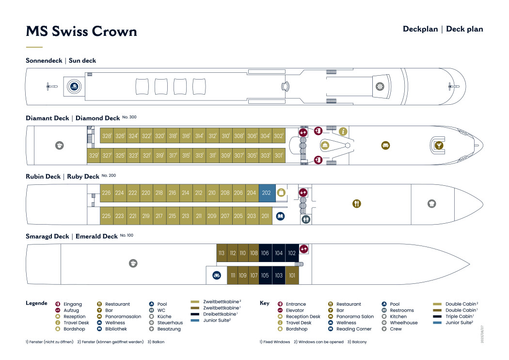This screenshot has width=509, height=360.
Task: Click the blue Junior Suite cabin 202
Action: [266, 193]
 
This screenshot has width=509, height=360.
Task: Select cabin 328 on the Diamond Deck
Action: [106, 136]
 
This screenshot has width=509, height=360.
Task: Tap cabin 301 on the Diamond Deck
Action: [278, 156]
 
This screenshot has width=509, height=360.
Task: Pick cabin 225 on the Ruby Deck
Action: [106, 216]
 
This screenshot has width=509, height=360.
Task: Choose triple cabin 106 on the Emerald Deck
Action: [265, 253]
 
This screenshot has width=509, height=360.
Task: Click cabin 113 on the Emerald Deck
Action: [222, 253]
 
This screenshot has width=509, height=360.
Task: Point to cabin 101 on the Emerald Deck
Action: [291, 276]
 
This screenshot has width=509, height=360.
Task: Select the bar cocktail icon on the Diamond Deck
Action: [438, 146]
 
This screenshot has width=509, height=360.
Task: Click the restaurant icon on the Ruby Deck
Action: [356, 204]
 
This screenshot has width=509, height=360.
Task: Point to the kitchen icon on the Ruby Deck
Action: [431, 204]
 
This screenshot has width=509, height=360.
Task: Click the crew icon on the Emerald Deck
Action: [133, 263]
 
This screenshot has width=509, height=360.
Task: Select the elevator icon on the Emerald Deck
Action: [304, 249]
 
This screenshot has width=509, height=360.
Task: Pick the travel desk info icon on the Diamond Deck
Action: [343, 131]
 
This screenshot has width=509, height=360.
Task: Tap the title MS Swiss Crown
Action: [81, 32]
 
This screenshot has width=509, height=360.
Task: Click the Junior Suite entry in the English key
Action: [459, 323]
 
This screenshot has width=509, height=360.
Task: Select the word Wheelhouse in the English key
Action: [403, 323]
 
